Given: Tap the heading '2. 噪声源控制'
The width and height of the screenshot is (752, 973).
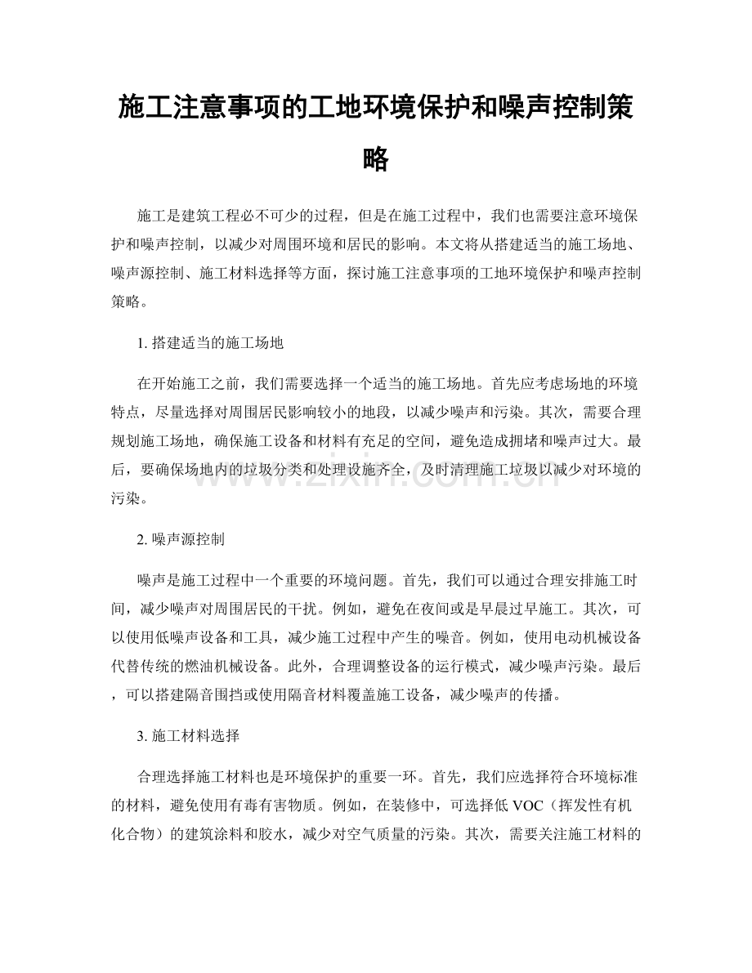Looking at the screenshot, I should pyautogui.click(x=182, y=540).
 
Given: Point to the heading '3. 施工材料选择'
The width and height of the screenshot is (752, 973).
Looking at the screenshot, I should pyautogui.click(x=189, y=736).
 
